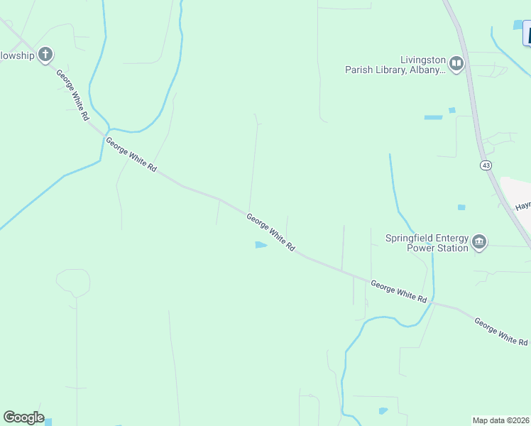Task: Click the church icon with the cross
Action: (x=46, y=55)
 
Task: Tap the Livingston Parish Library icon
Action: (x=456, y=65)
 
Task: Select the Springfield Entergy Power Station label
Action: (x=427, y=243)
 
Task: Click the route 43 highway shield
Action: (x=486, y=165)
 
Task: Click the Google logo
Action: (x=23, y=417)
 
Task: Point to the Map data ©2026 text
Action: (x=501, y=420)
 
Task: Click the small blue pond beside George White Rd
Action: (x=261, y=246)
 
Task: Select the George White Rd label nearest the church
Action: (x=73, y=94)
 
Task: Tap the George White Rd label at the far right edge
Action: (x=501, y=332)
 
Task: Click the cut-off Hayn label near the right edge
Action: (x=522, y=206)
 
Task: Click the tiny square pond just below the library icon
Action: (x=451, y=110)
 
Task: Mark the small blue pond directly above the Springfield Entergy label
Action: (x=461, y=207)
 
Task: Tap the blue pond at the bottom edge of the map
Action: (x=383, y=410)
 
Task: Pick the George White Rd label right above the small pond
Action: (x=270, y=231)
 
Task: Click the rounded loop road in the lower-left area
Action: (x=73, y=283)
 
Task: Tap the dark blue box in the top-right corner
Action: (x=526, y=33)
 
